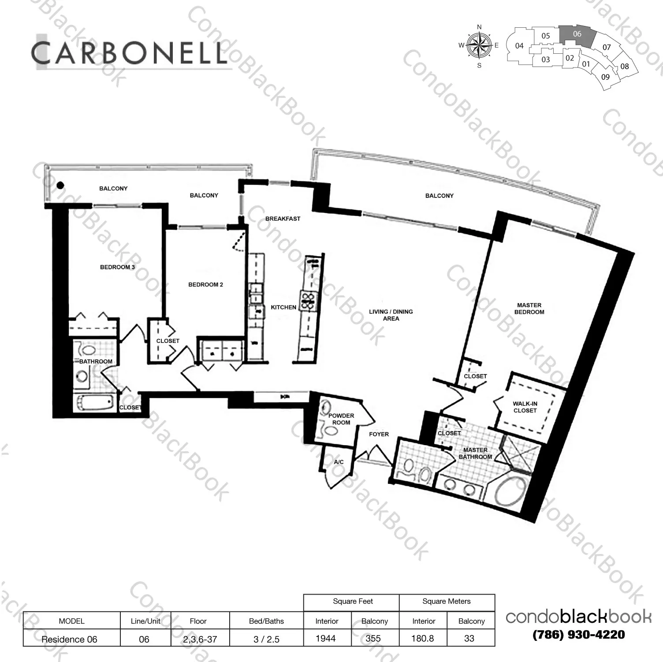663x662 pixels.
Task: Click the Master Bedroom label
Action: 529,309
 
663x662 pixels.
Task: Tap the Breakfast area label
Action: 283,219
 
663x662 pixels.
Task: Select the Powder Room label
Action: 341,419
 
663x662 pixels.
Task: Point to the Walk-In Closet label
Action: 525,407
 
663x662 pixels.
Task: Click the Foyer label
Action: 379,434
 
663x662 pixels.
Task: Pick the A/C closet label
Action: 339,462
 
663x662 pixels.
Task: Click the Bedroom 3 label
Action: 117,267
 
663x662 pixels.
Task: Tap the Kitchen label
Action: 283,307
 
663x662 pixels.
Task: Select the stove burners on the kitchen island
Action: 309,301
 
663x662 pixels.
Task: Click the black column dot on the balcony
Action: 60,185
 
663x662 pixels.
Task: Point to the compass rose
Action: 479,45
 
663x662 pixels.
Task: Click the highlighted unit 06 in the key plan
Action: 577,34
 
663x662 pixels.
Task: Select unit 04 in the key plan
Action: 519,46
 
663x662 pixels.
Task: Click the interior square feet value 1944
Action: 326,639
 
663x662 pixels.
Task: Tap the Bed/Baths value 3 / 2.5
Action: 266,639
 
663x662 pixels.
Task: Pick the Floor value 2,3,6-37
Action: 200,639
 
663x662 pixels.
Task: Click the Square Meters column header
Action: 446,602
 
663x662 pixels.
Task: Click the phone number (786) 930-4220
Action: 578,635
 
